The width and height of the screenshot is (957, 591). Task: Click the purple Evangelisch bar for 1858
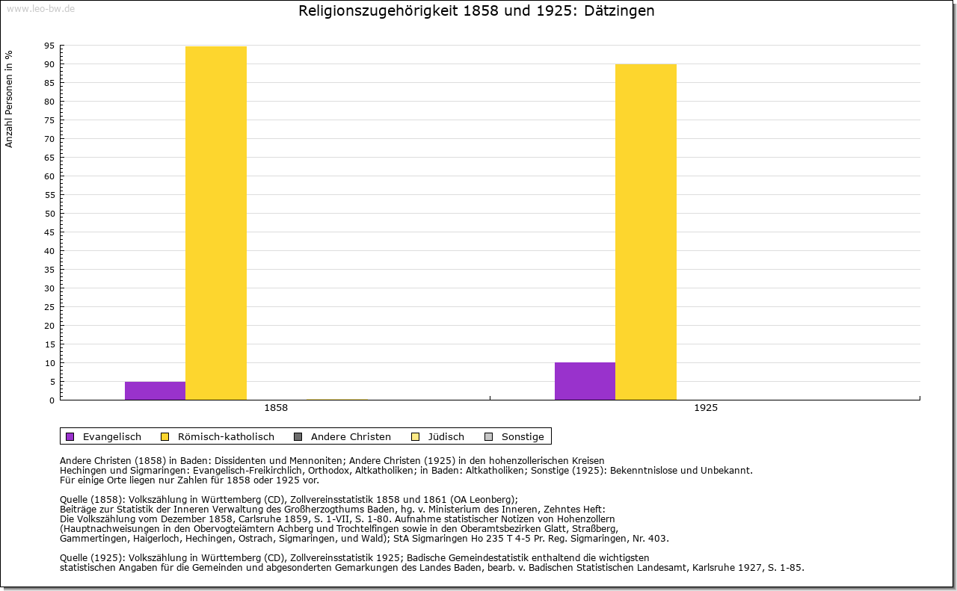[x=155, y=391]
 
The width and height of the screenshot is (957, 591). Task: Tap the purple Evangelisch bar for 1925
[x=585, y=381]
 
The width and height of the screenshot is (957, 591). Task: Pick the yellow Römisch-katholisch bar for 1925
[x=646, y=232]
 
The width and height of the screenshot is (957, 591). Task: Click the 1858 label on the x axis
[x=276, y=408]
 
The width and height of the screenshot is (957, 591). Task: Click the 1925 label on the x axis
[x=706, y=408]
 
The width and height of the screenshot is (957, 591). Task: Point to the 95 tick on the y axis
[x=49, y=46]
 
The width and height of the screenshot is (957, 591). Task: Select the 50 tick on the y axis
[x=49, y=214]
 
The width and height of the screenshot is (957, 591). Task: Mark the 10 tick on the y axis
[x=49, y=363]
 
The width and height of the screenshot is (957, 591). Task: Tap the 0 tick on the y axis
[x=52, y=400]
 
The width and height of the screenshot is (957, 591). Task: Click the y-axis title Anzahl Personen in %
[x=10, y=99]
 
